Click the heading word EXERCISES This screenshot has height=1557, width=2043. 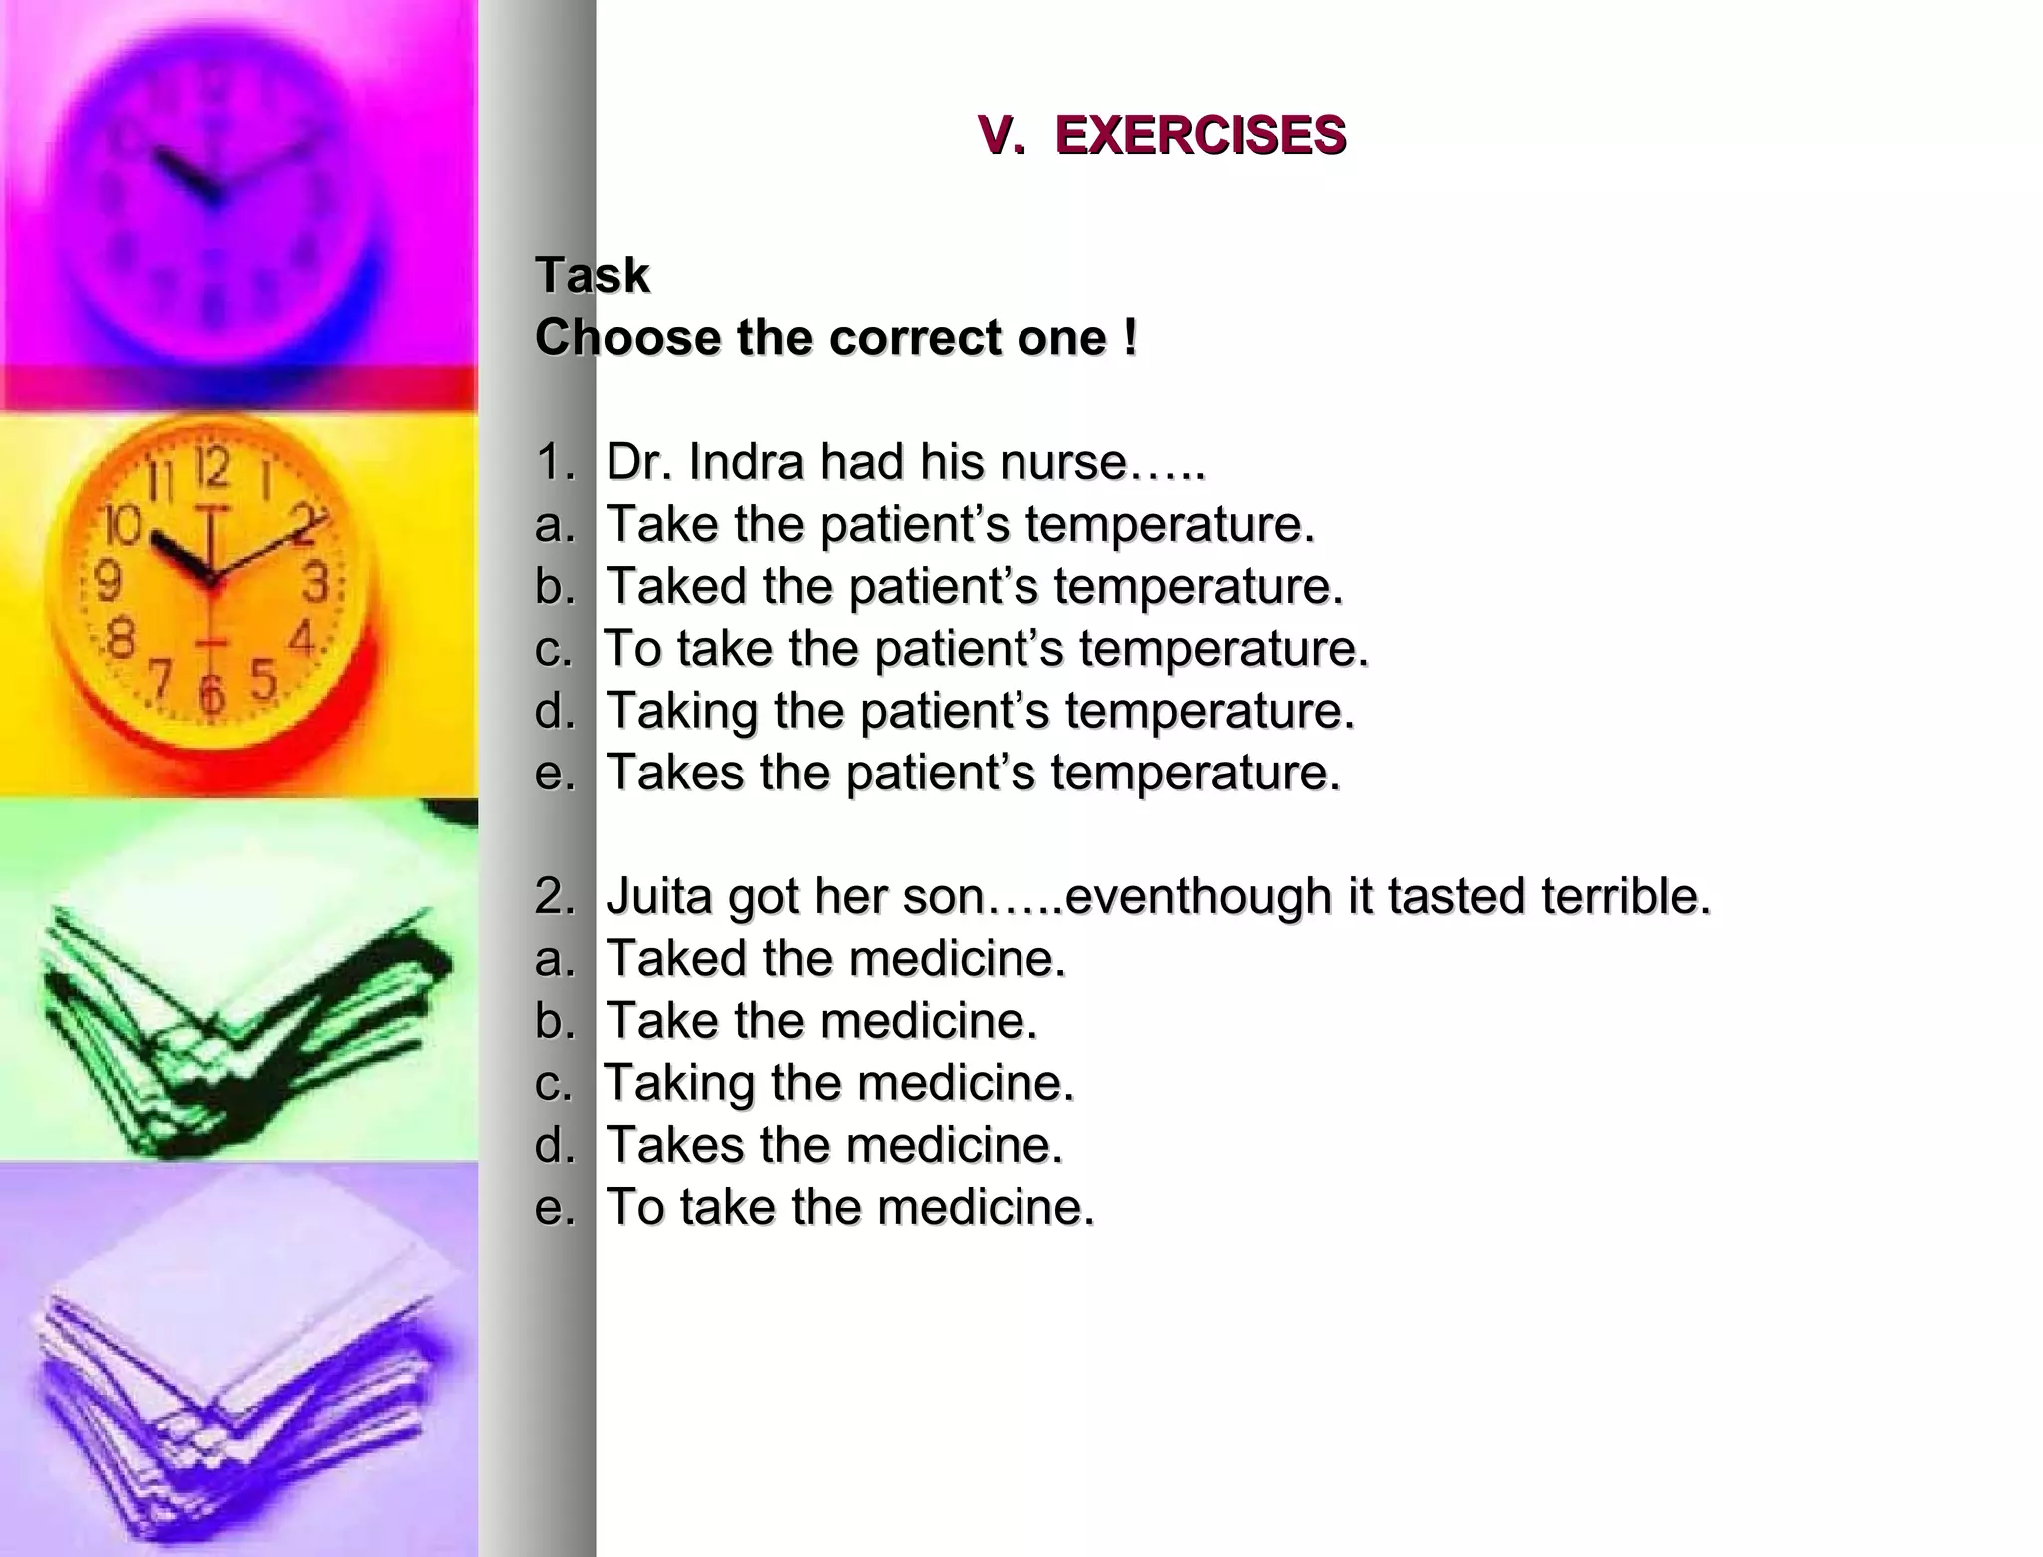pos(1200,135)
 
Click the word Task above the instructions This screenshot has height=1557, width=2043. pos(593,275)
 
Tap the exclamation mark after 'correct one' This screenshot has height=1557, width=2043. pos(1129,337)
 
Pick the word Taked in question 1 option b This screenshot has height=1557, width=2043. pos(676,586)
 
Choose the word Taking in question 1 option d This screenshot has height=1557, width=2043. pos(682,712)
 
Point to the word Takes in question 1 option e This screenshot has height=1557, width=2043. pos(674,773)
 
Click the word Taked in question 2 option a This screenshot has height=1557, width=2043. pos(676,958)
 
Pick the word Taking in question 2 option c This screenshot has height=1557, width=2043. pos(680,1084)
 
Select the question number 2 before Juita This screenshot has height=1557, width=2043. pos(551,896)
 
